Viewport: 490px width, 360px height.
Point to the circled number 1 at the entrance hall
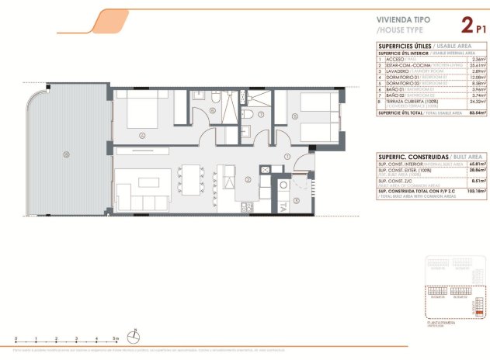pos(287,157)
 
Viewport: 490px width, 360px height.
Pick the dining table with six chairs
pos(191,178)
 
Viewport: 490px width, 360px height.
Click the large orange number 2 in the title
pos(467,26)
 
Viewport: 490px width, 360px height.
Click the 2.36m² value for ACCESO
pos(479,59)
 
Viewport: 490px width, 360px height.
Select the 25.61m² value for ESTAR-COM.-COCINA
pos(478,65)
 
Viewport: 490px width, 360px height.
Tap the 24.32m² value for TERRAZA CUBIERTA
pos(478,102)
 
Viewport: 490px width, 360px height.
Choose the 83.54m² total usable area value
pos(477,112)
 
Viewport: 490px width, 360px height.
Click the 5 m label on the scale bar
pos(115,339)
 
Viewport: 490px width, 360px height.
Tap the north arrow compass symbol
pos(136,337)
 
